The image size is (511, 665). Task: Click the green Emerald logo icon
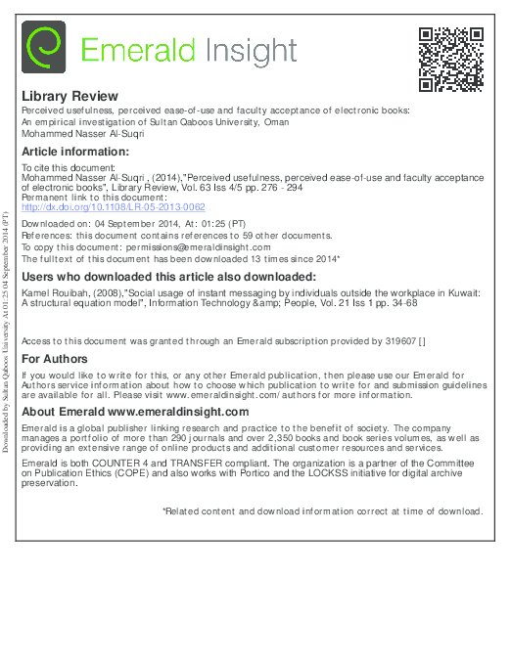[x=43, y=48]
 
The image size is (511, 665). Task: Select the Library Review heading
[x=70, y=97]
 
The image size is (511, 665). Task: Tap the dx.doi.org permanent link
[x=113, y=207]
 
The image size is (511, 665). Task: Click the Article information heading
[x=74, y=153]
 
